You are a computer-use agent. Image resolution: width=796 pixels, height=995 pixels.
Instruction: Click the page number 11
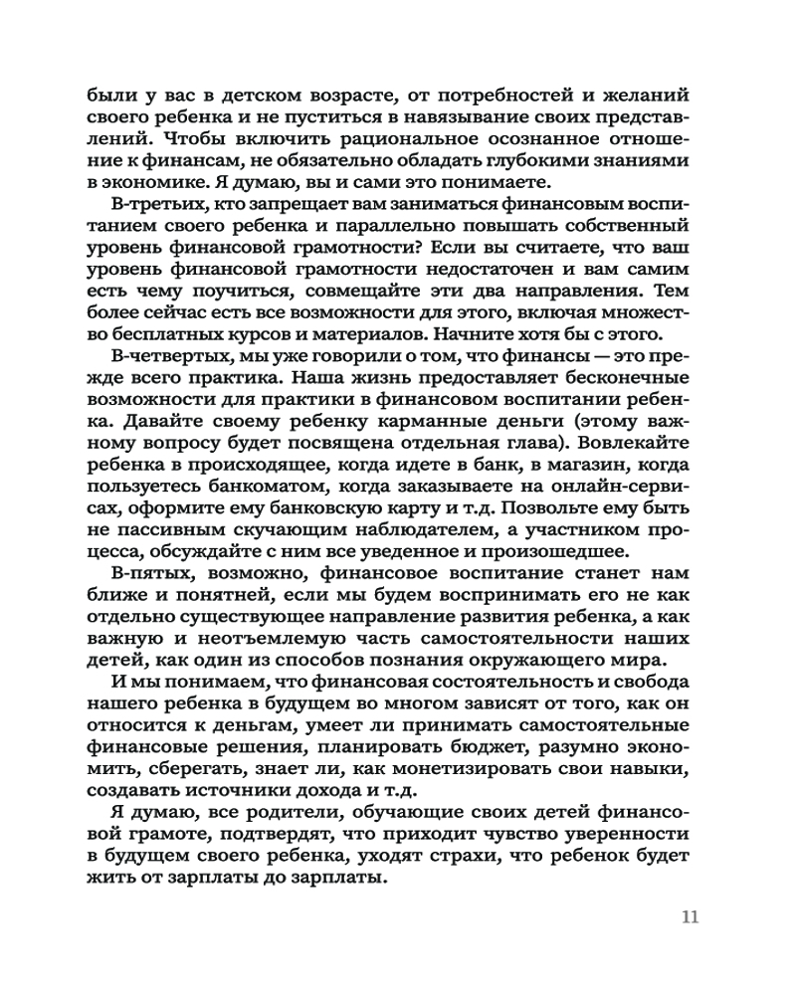pyautogui.click(x=690, y=916)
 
